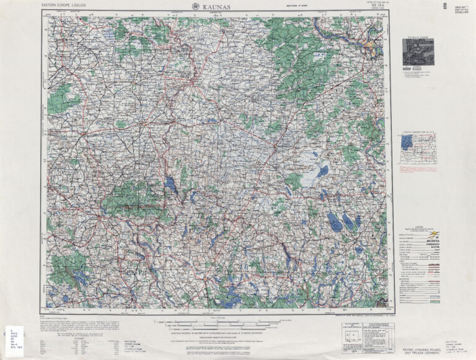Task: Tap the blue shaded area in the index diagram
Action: (x=407, y=143)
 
